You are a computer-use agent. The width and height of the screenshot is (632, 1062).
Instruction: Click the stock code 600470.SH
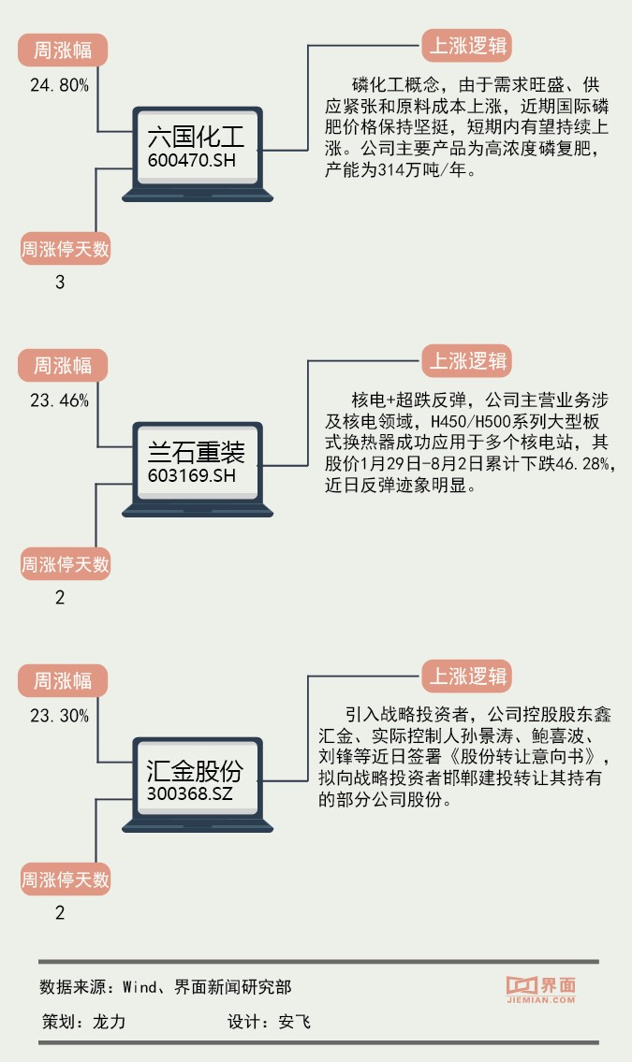191,160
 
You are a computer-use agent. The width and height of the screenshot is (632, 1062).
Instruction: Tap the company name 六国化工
196,137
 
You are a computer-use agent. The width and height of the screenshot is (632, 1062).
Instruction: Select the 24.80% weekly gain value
60,85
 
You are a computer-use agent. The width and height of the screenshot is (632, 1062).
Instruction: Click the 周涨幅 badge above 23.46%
64,364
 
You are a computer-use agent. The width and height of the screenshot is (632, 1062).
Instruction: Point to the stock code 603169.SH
191,475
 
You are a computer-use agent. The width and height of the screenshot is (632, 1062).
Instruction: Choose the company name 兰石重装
196,452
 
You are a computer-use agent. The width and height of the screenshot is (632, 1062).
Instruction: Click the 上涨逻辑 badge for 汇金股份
468,676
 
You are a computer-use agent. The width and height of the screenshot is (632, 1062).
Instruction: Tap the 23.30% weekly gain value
60,716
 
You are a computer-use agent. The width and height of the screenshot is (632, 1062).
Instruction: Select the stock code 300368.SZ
190,792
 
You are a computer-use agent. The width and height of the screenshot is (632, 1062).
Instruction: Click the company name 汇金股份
195,769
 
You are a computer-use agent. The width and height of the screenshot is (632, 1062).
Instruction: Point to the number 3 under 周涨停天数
60,282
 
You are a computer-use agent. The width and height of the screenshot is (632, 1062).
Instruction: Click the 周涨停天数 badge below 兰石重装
66,564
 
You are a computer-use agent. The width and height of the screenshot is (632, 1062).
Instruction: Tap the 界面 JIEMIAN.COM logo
540,990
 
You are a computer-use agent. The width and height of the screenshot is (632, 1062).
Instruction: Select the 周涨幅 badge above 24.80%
64,50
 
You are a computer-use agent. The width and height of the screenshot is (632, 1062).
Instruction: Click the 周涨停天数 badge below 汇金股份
66,880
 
